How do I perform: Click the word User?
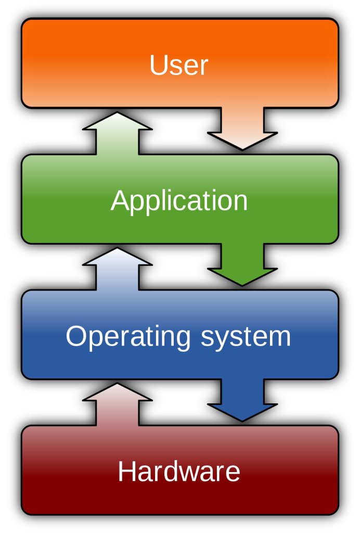(178, 65)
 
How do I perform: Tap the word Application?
(179, 201)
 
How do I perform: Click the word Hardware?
(179, 472)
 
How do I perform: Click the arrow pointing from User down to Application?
(242, 130)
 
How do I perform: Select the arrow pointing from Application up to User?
(118, 132)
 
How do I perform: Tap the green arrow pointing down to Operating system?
(242, 265)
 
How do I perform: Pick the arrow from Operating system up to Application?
(118, 268)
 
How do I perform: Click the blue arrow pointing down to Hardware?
(242, 401)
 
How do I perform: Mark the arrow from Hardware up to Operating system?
(118, 403)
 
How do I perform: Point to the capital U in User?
(157, 65)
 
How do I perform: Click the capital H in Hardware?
(126, 472)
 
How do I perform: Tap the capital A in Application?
(121, 200)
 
